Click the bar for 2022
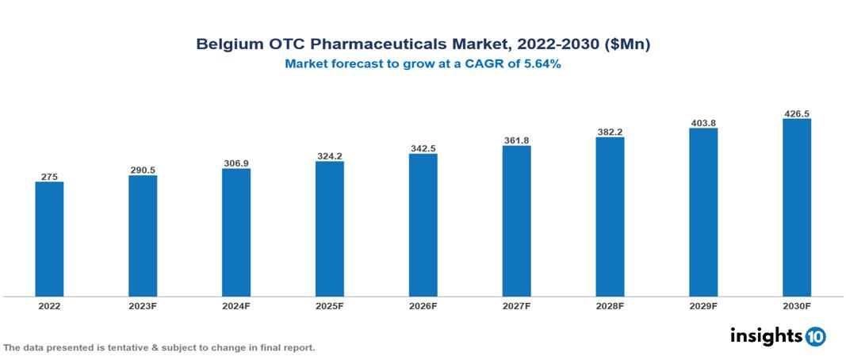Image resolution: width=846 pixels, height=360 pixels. [49, 239]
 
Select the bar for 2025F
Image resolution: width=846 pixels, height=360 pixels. [330, 228]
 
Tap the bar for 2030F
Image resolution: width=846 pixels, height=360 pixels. [797, 208]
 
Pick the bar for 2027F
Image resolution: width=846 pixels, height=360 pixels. [516, 220]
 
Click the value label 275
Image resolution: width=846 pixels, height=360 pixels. [49, 176]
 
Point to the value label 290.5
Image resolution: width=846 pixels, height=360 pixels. [143, 170]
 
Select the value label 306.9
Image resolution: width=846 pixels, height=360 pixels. [236, 163]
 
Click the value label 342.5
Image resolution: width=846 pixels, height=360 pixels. [423, 148]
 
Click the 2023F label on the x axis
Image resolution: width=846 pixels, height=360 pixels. [143, 306]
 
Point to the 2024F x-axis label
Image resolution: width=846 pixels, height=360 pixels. [236, 306]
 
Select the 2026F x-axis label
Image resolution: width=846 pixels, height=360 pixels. [423, 306]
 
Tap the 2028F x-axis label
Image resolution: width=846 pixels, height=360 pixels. [610, 306]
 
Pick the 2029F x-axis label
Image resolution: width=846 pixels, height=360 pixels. [703, 306]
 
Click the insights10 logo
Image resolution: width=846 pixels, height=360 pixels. [778, 336]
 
